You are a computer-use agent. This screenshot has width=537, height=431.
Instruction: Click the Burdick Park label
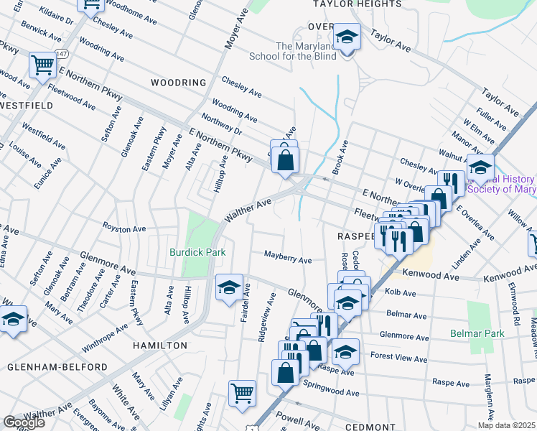tap(197, 252)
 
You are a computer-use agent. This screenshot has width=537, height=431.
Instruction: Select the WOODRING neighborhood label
tap(178, 83)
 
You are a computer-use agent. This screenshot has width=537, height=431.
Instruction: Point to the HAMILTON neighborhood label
tap(160, 346)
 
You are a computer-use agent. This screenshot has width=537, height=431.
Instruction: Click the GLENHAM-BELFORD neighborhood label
tap(57, 367)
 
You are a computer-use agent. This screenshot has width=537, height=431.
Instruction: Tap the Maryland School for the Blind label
tap(293, 51)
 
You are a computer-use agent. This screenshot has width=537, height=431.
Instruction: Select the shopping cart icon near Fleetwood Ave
tap(43, 65)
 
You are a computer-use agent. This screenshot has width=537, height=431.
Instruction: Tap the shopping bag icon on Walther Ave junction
tap(285, 157)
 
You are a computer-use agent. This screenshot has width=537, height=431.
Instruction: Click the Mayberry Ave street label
tap(287, 255)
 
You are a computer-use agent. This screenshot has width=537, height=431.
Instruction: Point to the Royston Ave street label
tap(123, 229)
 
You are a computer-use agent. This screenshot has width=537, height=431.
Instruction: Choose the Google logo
tap(24, 422)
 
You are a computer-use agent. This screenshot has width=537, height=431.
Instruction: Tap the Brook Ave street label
tap(344, 152)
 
